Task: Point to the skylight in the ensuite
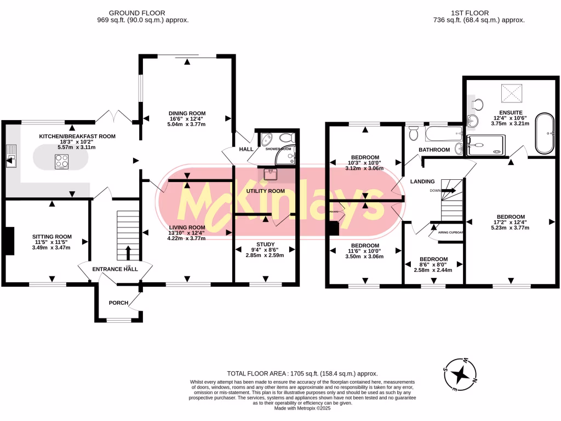tap(511, 94)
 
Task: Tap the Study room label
tap(265, 244)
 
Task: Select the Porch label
tap(118, 303)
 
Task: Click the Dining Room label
tap(186, 113)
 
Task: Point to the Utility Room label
tap(265, 191)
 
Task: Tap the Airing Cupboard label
tap(451, 232)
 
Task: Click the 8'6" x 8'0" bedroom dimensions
tap(433, 266)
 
